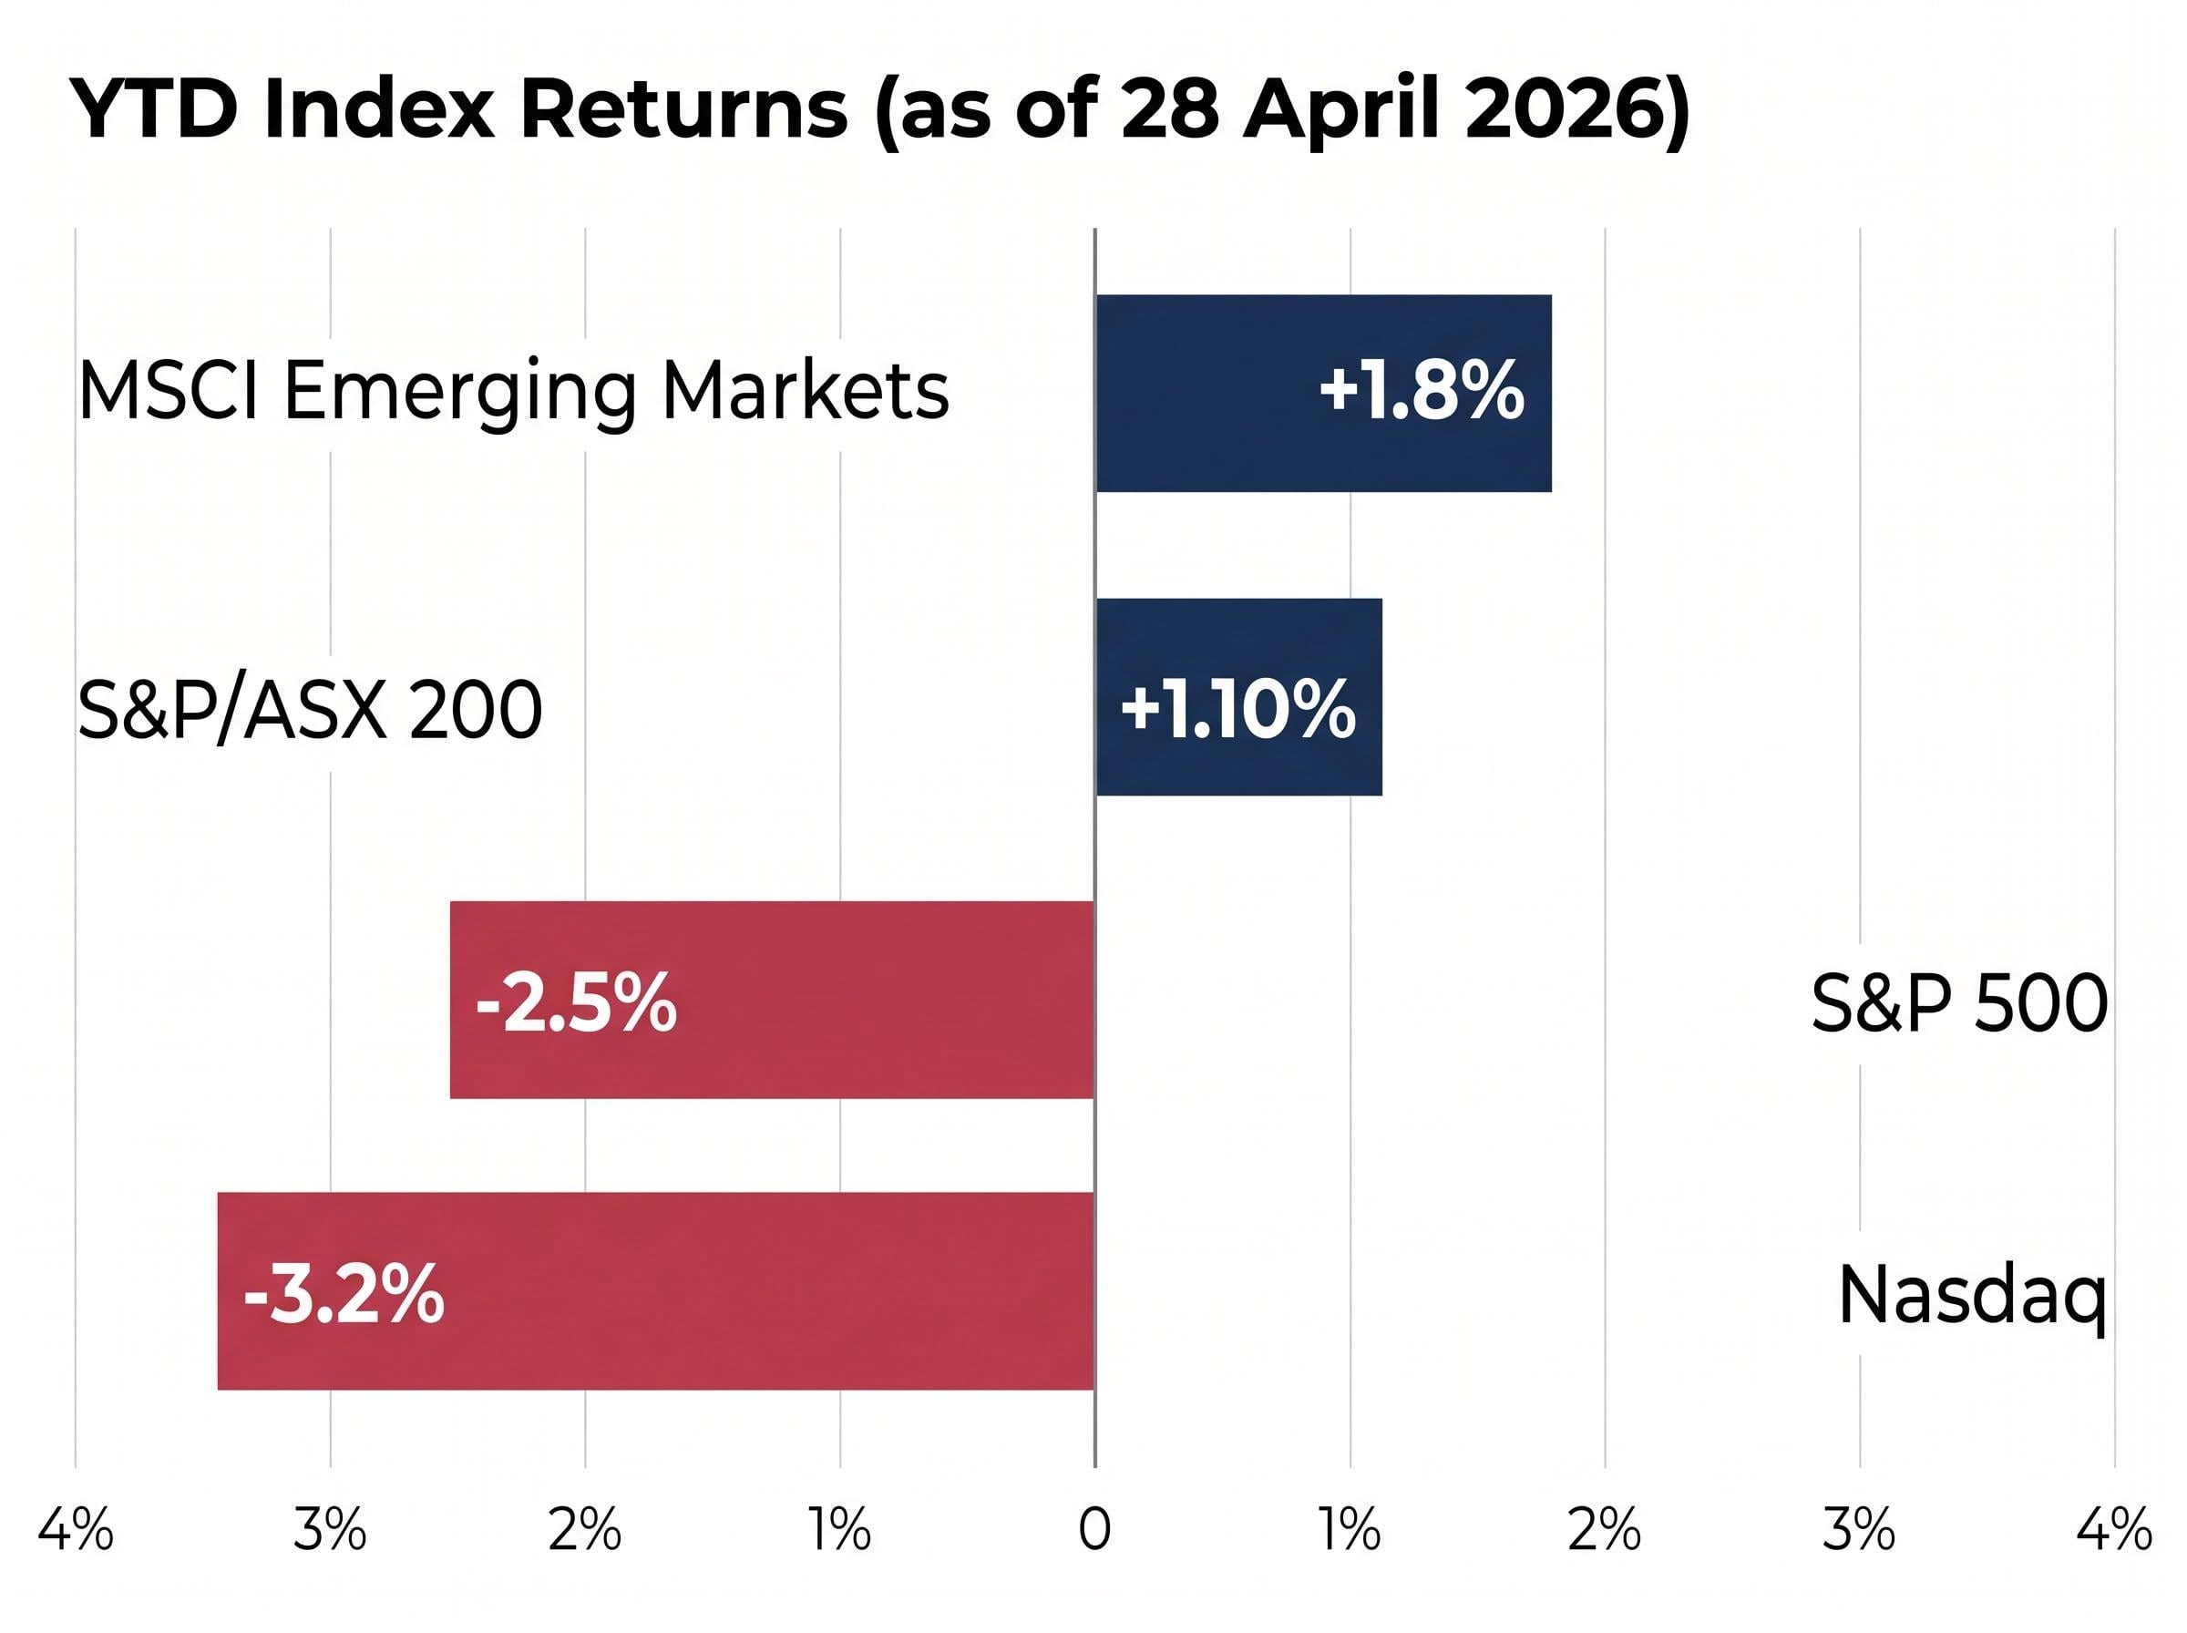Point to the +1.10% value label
tap(1237, 709)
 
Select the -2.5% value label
tap(576, 1002)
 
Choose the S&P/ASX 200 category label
tap(309, 710)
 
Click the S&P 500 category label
tap(1957, 1003)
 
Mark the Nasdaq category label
tap(1972, 1296)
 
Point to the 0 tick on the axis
tap(1094, 1531)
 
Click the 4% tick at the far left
tap(75, 1531)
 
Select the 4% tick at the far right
tap(2113, 1531)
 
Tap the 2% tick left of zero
tap(584, 1531)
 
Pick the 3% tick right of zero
tap(1858, 1531)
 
